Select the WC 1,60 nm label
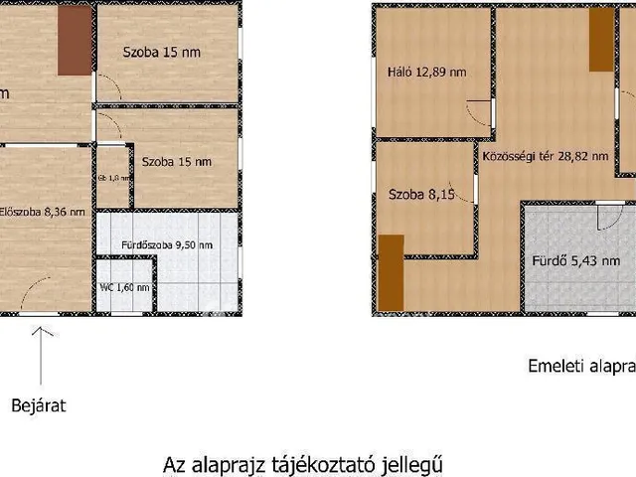[124, 287]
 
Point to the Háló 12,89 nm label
[426, 72]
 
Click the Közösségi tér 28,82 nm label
[545, 156]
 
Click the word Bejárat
[38, 405]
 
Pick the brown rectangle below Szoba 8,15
[392, 271]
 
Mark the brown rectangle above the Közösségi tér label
[601, 40]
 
